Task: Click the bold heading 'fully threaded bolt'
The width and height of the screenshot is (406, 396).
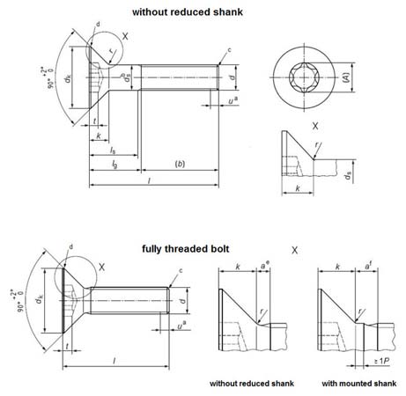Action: (184, 249)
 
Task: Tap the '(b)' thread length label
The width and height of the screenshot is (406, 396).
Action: (180, 164)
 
